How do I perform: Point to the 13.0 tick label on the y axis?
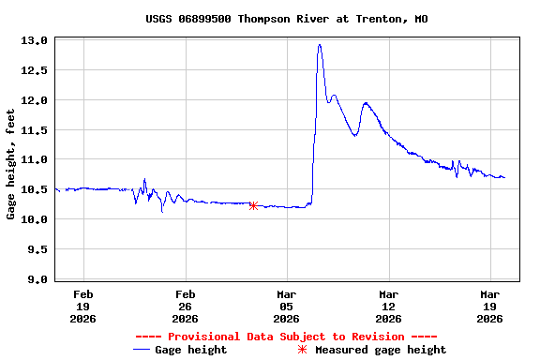coord(35,41)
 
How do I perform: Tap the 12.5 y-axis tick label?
coord(35,70)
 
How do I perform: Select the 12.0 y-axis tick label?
coord(35,100)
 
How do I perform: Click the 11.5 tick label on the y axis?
coord(35,130)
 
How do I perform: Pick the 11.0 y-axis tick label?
coord(35,160)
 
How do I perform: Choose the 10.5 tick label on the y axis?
coord(35,190)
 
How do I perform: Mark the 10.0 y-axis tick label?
coord(35,220)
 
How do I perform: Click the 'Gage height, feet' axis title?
coord(11,164)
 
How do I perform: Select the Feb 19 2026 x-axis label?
coord(83,306)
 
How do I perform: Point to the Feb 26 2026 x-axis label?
coord(186,306)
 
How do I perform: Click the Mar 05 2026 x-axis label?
coord(287,306)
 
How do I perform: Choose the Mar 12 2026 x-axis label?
coord(388,306)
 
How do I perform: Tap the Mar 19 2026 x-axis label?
coord(489,306)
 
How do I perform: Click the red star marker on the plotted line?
coord(253,205)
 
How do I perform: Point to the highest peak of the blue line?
coord(320,45)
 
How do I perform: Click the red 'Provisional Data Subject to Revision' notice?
coord(287,337)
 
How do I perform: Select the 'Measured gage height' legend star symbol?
coord(302,350)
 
